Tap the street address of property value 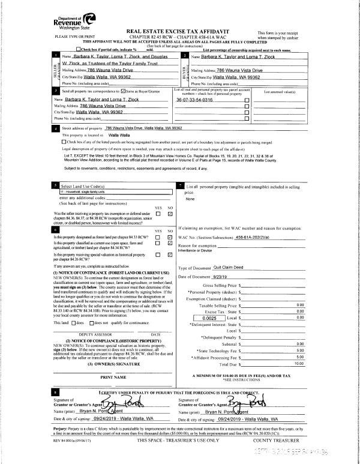[143, 128]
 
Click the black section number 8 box [55, 391]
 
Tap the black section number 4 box [56, 128]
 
